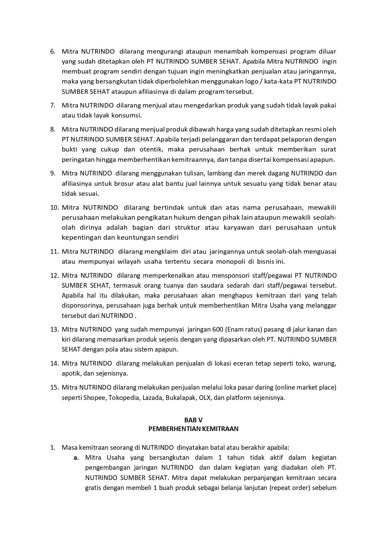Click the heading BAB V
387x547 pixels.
tap(193, 420)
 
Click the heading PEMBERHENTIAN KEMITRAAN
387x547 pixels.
tap(193, 429)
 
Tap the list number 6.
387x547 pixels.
tap(53, 51)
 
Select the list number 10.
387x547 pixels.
tap(55, 208)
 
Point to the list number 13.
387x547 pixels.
tap(55, 329)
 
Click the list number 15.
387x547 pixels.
tap(55, 387)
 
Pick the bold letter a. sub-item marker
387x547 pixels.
tap(76, 458)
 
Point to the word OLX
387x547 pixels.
tap(201, 398)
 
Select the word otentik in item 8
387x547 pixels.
tap(151, 149)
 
